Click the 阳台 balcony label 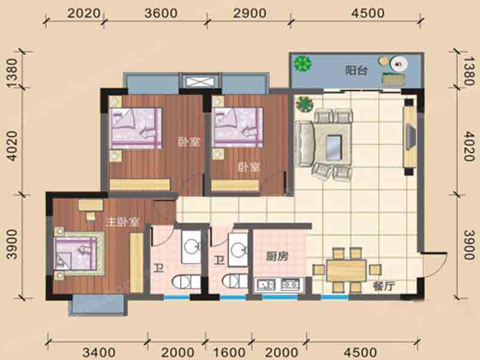(x=356, y=71)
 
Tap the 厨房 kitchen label (x=277, y=256)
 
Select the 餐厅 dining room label (x=384, y=286)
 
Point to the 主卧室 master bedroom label (x=122, y=221)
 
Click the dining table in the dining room (x=346, y=271)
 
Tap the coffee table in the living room (x=334, y=148)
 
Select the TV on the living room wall (x=411, y=137)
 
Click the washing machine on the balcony (x=399, y=64)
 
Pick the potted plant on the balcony (x=302, y=64)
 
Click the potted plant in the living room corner (x=304, y=104)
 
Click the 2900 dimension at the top (x=250, y=13)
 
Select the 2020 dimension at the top (x=84, y=13)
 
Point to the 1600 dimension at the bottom (x=229, y=352)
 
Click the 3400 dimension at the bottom (x=99, y=352)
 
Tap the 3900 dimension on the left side (x=12, y=244)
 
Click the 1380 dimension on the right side (x=469, y=71)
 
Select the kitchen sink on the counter (x=266, y=284)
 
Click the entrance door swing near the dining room (x=434, y=264)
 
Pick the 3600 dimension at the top (x=161, y=13)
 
